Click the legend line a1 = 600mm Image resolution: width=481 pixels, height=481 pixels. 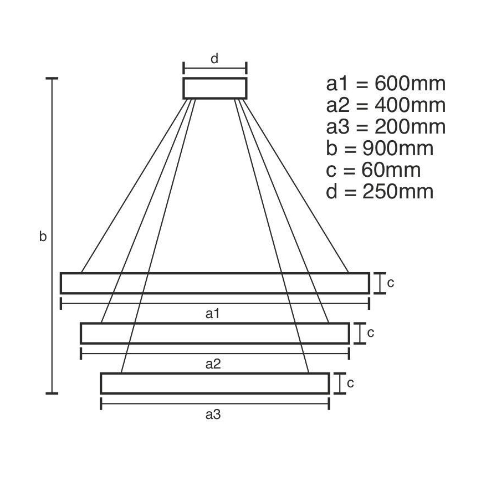(x=386, y=84)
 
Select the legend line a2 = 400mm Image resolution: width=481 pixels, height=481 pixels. (x=386, y=105)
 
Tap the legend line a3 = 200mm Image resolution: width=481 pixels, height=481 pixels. (x=386, y=127)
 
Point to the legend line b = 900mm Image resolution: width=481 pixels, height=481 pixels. (x=380, y=149)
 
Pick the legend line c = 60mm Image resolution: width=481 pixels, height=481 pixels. (x=373, y=170)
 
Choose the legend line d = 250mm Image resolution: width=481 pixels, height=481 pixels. (x=380, y=192)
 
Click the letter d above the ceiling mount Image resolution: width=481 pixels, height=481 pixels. (x=215, y=58)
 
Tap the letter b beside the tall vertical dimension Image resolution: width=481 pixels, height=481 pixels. (x=43, y=237)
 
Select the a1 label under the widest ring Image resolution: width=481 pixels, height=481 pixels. (x=213, y=314)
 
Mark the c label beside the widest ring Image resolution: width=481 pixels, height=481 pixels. (x=390, y=283)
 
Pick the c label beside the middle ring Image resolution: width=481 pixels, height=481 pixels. (x=371, y=333)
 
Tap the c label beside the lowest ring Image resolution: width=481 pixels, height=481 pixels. (x=350, y=383)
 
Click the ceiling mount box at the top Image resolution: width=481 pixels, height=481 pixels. (x=215, y=88)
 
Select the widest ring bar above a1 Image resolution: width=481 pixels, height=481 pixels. (x=214, y=283)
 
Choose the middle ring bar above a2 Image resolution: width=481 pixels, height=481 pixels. (x=215, y=333)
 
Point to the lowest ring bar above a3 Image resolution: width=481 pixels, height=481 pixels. (x=215, y=383)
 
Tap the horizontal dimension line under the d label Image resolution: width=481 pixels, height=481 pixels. (x=215, y=69)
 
